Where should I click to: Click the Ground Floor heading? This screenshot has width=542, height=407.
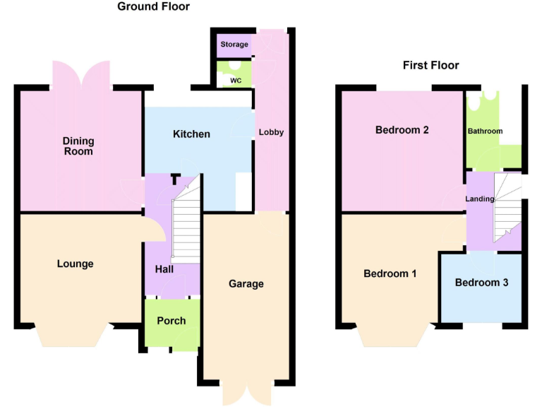tap(153, 7)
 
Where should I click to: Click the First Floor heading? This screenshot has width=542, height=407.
tap(430, 66)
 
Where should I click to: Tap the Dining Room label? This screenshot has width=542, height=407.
tap(78, 146)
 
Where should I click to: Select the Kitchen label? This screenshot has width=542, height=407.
tap(191, 134)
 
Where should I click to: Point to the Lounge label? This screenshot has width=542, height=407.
tap(75, 264)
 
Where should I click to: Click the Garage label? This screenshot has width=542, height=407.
tap(246, 284)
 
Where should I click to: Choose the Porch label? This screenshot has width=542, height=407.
tap(171, 321)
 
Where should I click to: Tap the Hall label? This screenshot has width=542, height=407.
tap(164, 269)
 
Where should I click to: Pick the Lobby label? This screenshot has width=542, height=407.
tap(271, 132)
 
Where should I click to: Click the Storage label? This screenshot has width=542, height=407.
tap(234, 45)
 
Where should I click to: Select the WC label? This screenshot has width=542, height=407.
tap(236, 81)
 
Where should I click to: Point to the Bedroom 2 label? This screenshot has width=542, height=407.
tap(402, 130)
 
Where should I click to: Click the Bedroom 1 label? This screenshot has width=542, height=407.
tap(390, 273)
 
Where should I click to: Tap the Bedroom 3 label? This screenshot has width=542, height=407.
tap(481, 283)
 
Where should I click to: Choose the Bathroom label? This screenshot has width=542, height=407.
tap(485, 131)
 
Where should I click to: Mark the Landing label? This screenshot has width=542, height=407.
tap(479, 199)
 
